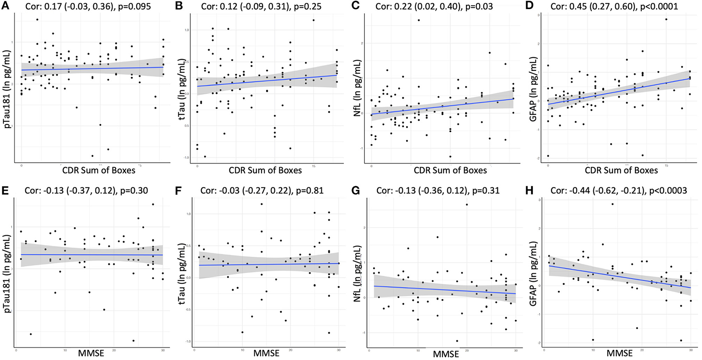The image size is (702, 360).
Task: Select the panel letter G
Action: (x=356, y=190)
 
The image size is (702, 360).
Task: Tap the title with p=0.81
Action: (x=262, y=190)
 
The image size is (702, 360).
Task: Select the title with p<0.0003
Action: (x=618, y=190)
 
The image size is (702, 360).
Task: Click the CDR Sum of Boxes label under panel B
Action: (x=265, y=170)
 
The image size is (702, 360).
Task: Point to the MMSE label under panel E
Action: (x=92, y=353)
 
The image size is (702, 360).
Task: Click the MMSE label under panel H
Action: (x=620, y=353)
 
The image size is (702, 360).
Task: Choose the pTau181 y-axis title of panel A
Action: (x=7, y=87)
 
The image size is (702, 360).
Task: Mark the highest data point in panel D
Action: (x=666, y=19)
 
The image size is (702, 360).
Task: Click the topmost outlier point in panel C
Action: (x=419, y=20)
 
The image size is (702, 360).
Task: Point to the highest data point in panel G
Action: (x=467, y=204)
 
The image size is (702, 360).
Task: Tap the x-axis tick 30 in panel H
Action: (x=691, y=350)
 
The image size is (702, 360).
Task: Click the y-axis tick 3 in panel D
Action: (x=539, y=15)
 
